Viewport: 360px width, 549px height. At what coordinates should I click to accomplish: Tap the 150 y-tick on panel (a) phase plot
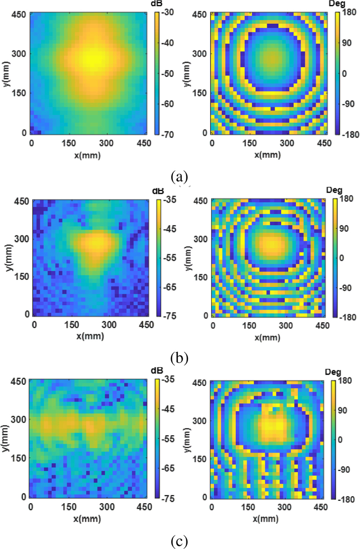coord(203,93)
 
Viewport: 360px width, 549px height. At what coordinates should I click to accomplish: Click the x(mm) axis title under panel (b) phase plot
coord(269,336)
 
